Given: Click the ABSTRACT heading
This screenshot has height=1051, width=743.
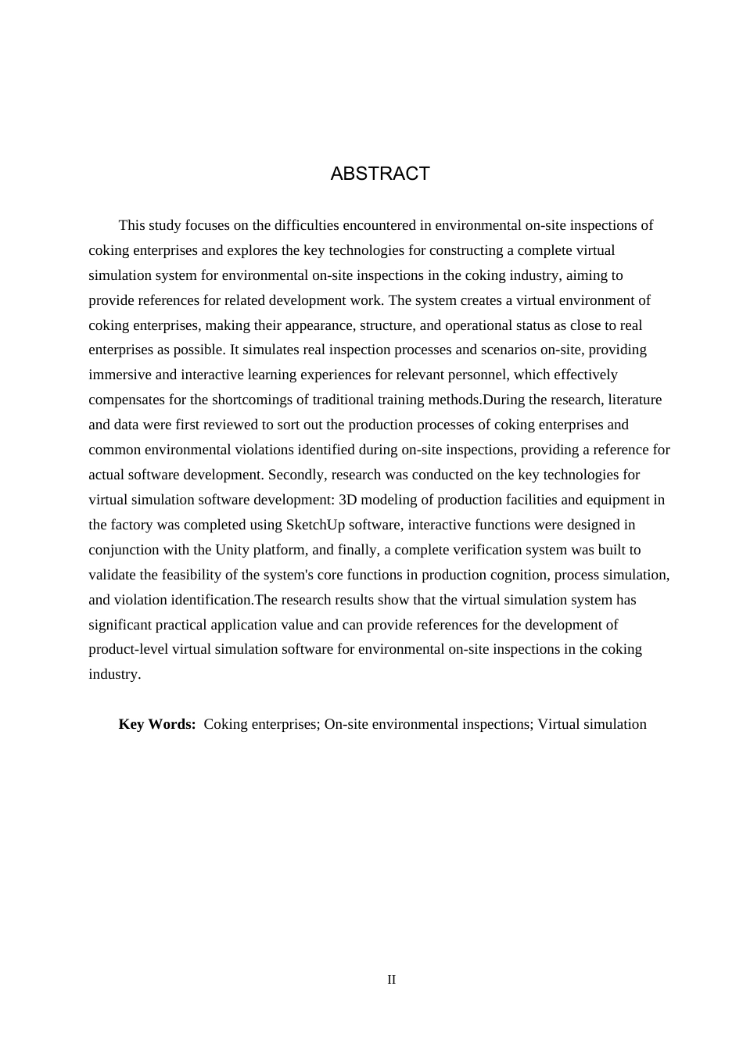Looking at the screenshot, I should pos(380,174).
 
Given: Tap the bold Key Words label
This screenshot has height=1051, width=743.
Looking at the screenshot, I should pos(156,724).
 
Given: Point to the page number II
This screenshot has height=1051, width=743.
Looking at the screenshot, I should pos(392,980).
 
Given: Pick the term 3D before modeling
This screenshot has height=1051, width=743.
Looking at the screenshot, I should pos(347,500).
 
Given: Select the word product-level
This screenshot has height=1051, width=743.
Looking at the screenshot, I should pos(128,649).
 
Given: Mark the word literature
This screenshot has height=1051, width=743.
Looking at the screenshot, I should pos(631,400).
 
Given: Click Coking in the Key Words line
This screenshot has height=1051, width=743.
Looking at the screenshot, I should pos(226,724).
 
